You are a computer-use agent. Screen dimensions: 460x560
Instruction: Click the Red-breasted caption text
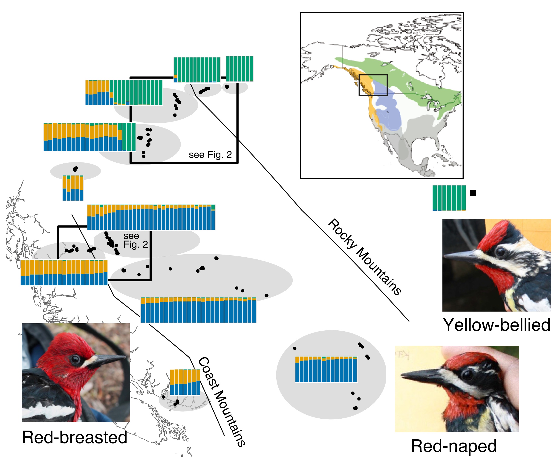coord(74,437)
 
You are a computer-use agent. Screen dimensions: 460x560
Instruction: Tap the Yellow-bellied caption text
coord(496,325)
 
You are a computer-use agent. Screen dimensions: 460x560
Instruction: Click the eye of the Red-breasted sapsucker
coord(75,359)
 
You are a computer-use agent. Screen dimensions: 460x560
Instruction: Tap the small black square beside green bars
coord(473,193)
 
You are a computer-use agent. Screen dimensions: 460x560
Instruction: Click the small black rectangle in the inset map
coord(373,85)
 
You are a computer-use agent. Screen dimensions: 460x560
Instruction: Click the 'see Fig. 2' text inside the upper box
coord(210,155)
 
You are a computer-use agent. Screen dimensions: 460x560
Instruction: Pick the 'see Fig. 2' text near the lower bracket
coord(135,240)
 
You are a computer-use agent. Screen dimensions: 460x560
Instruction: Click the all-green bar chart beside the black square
coord(449,198)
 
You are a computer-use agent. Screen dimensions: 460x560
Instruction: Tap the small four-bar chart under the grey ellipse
coord(73,188)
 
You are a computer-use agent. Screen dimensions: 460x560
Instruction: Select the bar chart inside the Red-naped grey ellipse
coord(326,369)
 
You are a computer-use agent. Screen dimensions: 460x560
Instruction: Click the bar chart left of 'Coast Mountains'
coord(185,382)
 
